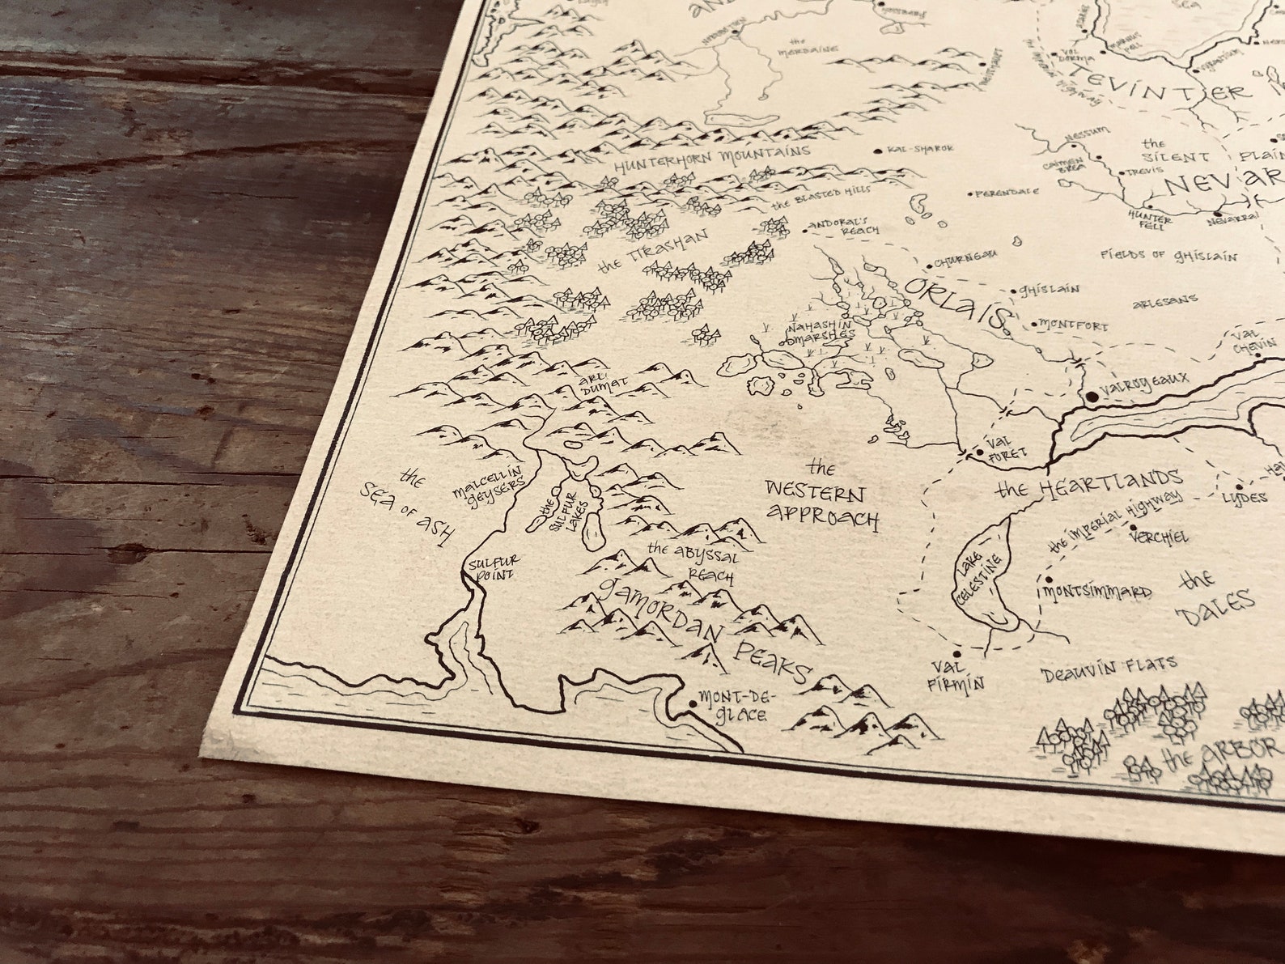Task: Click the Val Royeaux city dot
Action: (x=1092, y=396)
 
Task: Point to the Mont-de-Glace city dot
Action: (x=692, y=705)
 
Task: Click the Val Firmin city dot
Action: (x=957, y=654)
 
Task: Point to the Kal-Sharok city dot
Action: (x=880, y=151)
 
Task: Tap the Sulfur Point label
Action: (x=492, y=566)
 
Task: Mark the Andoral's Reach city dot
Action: (x=805, y=231)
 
